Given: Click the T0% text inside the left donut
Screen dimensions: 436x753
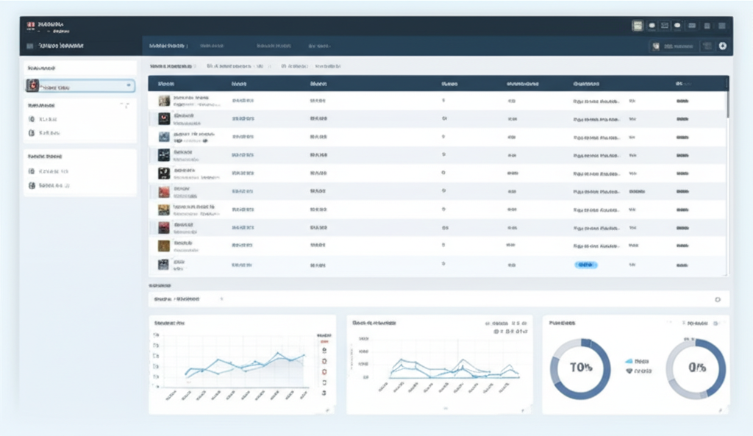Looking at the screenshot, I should coord(581,368).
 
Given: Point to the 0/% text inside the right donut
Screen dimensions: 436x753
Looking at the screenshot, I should coord(696,368).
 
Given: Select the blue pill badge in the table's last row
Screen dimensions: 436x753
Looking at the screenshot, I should coord(585,264).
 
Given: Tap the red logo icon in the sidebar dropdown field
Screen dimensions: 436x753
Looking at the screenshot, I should coord(32,86).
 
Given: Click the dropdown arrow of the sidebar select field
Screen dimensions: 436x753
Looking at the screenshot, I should coord(129,86).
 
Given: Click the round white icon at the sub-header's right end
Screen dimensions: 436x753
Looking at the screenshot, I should coord(723,46).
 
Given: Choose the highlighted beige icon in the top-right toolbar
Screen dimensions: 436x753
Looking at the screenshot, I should coord(638,26).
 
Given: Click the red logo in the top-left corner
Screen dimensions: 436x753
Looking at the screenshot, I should coord(31,25).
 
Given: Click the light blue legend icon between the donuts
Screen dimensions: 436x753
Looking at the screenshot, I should coord(629,362).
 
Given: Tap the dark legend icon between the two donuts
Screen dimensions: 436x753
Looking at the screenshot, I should coord(629,372).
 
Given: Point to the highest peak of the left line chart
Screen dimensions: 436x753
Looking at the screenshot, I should coord(280,354).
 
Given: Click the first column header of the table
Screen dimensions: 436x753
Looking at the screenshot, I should coord(165,85).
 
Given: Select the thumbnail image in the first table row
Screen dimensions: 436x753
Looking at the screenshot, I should coord(164,101).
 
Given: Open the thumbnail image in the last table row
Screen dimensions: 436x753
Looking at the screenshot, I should coord(163,264).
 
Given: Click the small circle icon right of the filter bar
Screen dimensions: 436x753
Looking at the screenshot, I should coord(718,300).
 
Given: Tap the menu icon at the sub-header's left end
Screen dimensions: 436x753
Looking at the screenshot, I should coord(29,46).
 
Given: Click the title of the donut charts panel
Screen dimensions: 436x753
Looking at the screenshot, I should coord(563,323).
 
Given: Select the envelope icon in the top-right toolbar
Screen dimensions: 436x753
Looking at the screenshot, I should coord(665,26).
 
